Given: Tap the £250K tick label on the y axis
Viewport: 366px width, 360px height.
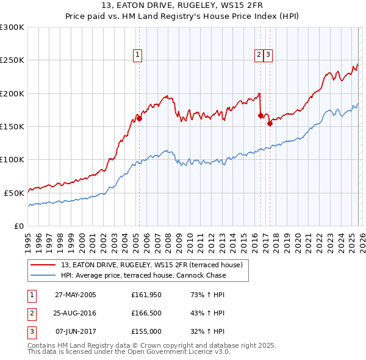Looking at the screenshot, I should tap(12, 60).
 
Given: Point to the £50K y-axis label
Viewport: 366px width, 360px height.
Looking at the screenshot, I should tap(14, 193).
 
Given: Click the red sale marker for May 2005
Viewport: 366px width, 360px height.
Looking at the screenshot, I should tap(139, 119).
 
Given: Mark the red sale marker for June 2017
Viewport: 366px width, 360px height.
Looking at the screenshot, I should tap(270, 123).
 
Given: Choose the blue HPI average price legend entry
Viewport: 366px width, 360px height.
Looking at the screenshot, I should tap(143, 275).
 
